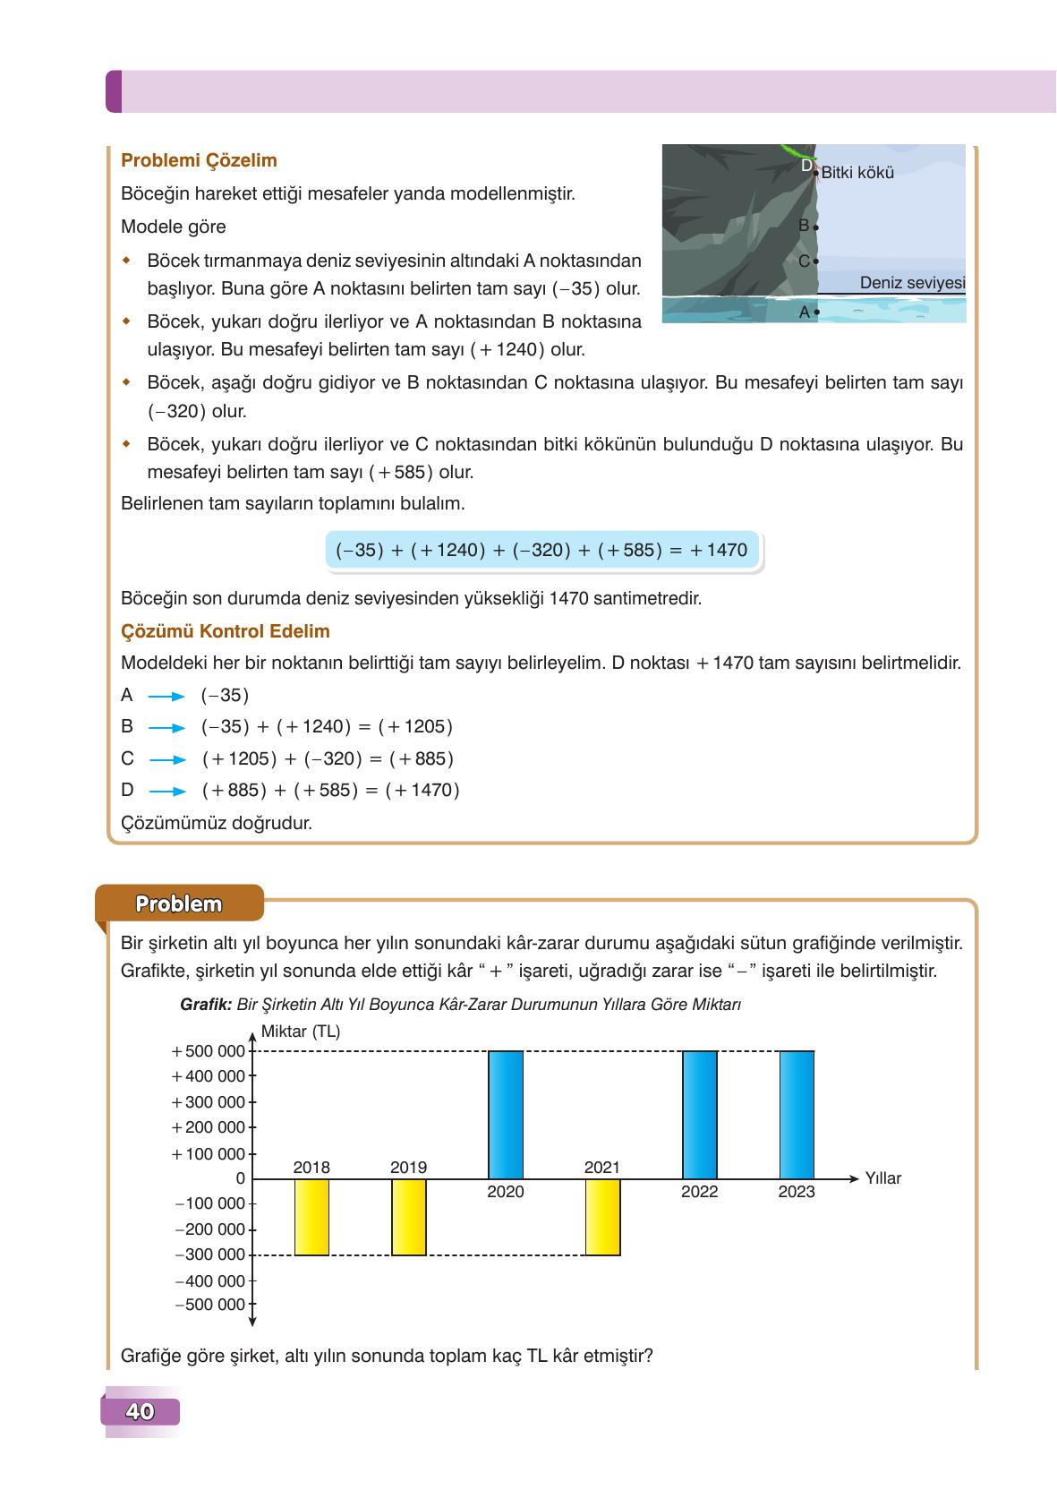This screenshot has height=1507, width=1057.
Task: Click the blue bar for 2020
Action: click(x=506, y=1114)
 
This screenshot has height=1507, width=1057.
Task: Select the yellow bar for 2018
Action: click(x=311, y=1217)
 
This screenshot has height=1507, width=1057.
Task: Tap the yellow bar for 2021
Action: click(x=602, y=1217)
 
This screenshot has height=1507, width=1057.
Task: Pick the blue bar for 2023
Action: click(x=797, y=1114)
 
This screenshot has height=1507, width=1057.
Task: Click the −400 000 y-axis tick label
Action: click(x=210, y=1281)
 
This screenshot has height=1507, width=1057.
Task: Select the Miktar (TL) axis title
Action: click(x=300, y=1032)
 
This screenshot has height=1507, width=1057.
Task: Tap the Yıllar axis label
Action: click(x=882, y=1178)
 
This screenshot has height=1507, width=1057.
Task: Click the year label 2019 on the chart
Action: click(x=408, y=1168)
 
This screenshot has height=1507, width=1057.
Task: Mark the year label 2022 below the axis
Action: click(x=699, y=1192)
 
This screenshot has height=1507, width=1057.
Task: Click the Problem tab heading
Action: click(x=178, y=904)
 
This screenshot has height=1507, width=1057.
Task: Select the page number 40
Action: click(x=140, y=1412)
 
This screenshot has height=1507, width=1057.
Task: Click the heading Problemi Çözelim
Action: click(x=199, y=161)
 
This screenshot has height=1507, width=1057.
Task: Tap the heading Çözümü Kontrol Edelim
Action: click(x=225, y=631)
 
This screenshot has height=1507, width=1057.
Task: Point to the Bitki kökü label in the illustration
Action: click(x=857, y=173)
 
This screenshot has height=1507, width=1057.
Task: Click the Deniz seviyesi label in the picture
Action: click(x=911, y=283)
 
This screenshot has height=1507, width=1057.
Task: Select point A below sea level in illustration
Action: click(x=815, y=313)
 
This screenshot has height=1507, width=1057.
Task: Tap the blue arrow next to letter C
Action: click(x=167, y=759)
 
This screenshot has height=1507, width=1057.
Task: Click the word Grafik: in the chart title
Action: click(x=206, y=1005)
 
